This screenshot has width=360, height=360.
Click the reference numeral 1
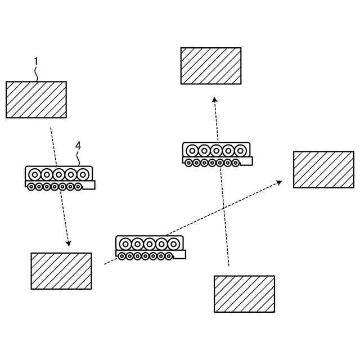36,61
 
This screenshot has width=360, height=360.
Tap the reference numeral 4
78,145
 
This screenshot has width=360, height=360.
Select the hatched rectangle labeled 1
36,100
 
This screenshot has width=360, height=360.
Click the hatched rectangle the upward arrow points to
211,66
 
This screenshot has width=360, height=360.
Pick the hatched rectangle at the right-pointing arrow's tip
323,169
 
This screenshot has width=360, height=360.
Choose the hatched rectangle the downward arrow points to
61,271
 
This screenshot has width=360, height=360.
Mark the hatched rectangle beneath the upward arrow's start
244,294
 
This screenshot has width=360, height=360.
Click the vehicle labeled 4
60,178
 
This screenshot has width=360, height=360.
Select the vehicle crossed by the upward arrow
217,154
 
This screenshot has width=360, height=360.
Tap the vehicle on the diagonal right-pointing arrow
150,247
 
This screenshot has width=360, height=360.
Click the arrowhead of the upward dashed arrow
214,100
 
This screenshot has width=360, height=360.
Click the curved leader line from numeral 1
37,73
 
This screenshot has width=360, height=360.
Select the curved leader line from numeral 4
79,157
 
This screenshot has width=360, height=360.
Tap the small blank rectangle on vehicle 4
88,185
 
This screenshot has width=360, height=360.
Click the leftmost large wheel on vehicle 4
34,174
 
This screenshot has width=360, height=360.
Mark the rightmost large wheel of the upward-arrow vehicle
241,151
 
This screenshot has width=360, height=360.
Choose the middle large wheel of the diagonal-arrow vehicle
150,244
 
